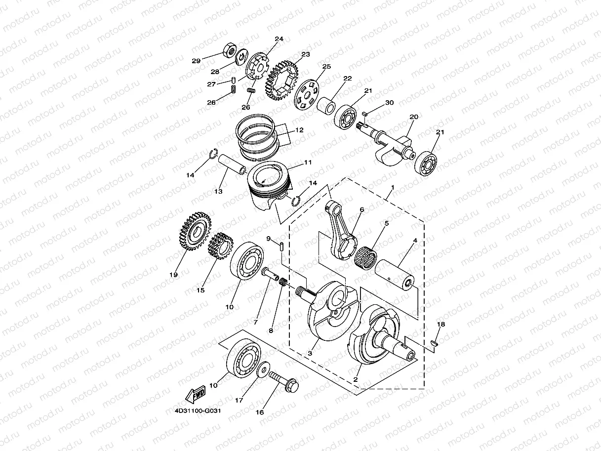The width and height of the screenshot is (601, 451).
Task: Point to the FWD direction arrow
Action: pyautogui.click(x=196, y=394)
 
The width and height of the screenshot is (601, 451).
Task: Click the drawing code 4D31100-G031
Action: pyautogui.click(x=197, y=410)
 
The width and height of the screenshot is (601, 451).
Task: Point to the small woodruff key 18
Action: pyautogui.click(x=435, y=342)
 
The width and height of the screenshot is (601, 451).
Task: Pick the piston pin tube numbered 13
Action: pyautogui.click(x=231, y=164)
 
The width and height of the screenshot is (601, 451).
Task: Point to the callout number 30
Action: pyautogui.click(x=390, y=103)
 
